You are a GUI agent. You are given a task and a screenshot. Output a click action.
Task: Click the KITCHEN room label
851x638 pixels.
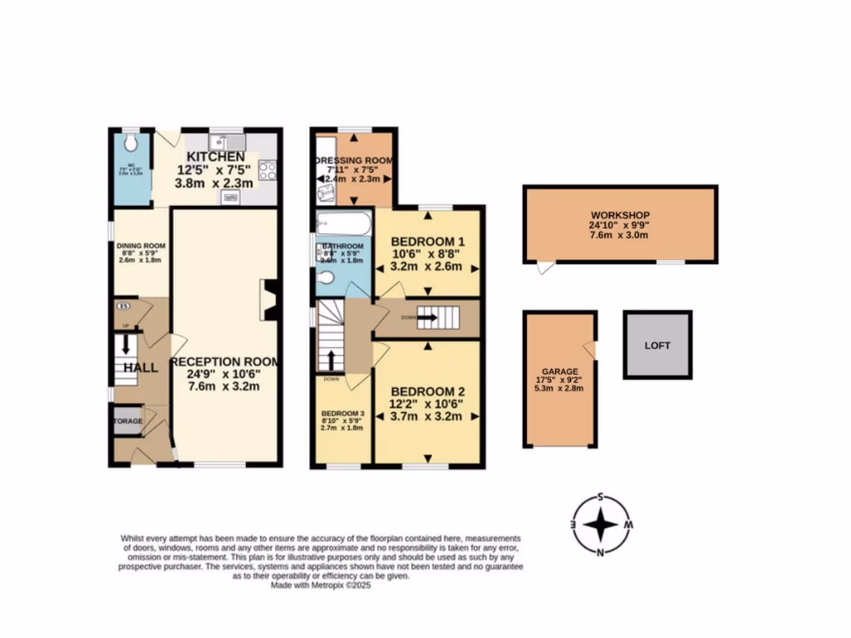coord(215,157)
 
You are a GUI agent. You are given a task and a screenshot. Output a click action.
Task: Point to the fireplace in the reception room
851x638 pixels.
coord(268,299)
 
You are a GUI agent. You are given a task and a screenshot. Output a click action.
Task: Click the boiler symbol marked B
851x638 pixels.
coord(123,306)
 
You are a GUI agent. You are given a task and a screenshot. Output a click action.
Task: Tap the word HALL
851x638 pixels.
coord(140,367)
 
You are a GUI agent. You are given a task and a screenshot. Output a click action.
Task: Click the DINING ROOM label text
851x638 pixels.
coord(140,246)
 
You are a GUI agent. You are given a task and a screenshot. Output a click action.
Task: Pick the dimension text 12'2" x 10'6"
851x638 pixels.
coord(425,405)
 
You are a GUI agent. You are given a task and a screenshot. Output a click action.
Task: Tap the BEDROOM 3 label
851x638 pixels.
coord(342,414)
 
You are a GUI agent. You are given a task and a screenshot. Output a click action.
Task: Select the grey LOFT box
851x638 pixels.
coord(657,345)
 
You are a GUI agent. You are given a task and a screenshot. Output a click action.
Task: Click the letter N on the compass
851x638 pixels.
coord(600,552)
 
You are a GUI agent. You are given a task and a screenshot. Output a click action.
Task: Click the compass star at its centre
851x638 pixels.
coord(601,525)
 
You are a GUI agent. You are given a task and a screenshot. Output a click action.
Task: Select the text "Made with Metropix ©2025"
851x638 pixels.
coord(321,585)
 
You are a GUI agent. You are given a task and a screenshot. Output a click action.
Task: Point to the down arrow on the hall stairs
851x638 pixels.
coord(126,344)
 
